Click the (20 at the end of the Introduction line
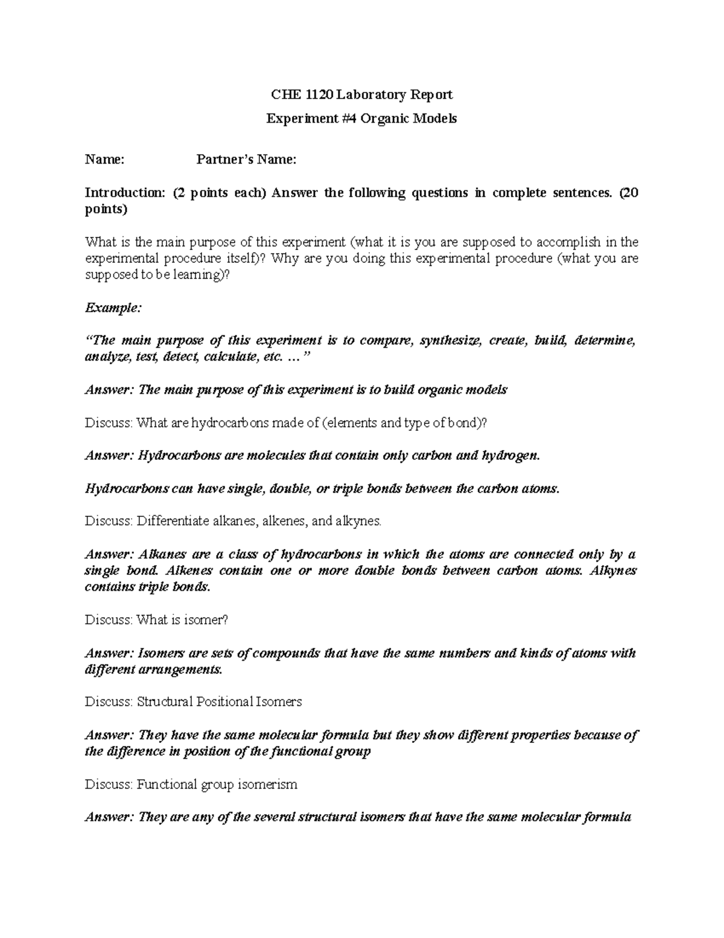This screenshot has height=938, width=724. coord(628,193)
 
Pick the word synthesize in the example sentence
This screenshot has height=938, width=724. coord(451,341)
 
